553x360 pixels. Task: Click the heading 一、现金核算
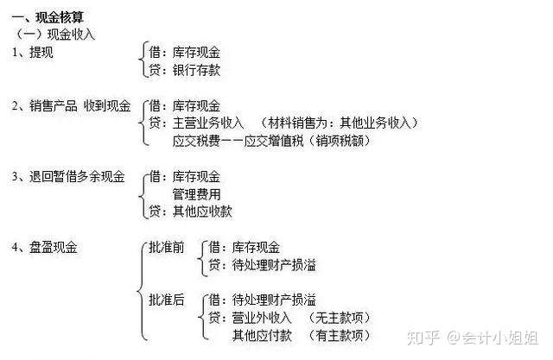click(x=48, y=17)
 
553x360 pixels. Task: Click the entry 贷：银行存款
click(x=185, y=69)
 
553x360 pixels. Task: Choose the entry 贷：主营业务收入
click(x=197, y=123)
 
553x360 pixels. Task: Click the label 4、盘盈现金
click(x=45, y=248)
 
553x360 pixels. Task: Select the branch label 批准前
click(x=167, y=248)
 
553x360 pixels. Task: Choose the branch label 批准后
click(x=167, y=300)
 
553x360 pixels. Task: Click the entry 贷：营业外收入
click(x=251, y=318)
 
